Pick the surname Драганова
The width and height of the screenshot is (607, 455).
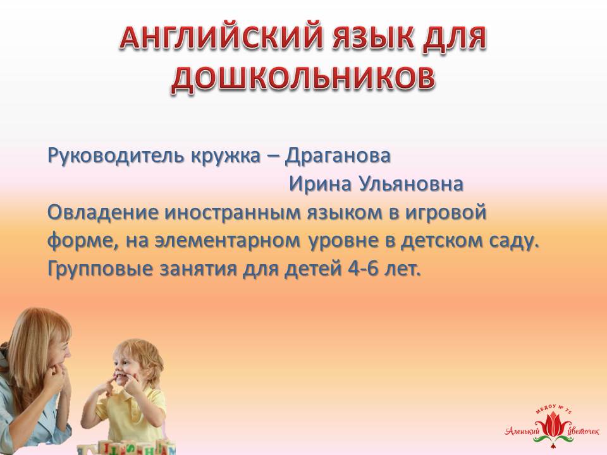pyautogui.click(x=338, y=156)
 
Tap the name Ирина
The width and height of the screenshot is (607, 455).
pyautogui.click(x=321, y=184)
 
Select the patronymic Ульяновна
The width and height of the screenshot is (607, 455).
pyautogui.click(x=411, y=184)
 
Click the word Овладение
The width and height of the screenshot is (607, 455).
pyautogui.click(x=102, y=212)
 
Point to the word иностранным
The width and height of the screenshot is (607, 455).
pyautogui.click(x=232, y=213)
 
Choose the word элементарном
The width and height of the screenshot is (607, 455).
pyautogui.click(x=228, y=241)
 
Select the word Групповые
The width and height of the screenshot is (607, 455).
pyautogui.click(x=100, y=270)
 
